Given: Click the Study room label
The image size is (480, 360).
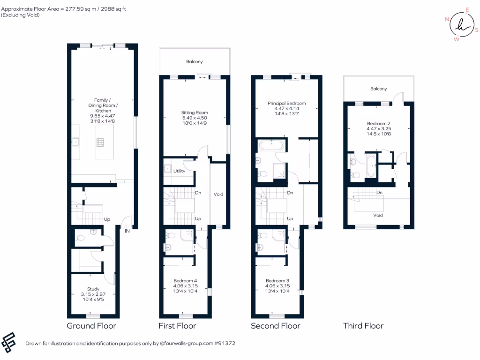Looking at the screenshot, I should click(x=93, y=289).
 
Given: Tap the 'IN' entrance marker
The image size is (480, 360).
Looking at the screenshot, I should click(x=127, y=230).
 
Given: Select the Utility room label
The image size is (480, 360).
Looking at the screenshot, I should click(x=179, y=171).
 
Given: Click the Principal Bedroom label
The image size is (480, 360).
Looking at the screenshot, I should click(x=286, y=103).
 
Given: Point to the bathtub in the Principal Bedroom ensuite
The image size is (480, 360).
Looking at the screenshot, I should click(x=271, y=145).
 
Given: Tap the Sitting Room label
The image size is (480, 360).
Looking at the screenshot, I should click(x=195, y=112).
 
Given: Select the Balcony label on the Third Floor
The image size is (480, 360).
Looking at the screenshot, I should click(x=378, y=89).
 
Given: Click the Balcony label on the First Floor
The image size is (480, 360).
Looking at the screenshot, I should click(x=195, y=61).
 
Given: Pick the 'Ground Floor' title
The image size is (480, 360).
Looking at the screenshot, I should click(x=91, y=326).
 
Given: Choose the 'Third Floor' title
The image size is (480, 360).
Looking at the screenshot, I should click(x=363, y=326).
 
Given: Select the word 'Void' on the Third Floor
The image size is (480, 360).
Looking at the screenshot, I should click(x=378, y=216).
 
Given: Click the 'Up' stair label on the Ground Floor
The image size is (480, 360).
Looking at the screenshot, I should click(x=107, y=219).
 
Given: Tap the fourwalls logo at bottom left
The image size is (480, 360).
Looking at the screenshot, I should click(x=9, y=343).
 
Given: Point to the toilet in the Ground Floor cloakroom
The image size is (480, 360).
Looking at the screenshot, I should click(x=80, y=238).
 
